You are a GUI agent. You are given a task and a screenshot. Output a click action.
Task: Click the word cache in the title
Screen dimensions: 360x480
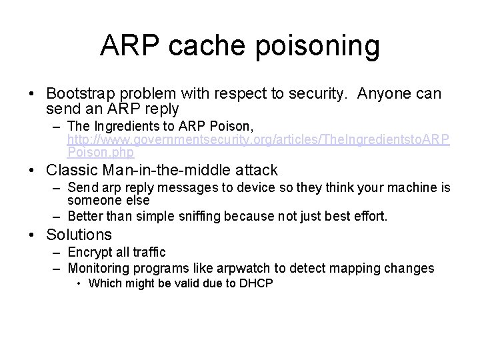pos(194,46)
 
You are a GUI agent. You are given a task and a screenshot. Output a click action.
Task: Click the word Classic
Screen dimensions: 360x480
pos(71,171)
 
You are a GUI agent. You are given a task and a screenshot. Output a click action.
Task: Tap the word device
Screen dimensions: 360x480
pos(248,189)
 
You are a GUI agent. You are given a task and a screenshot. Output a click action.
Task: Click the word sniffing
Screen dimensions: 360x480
pos(202,215)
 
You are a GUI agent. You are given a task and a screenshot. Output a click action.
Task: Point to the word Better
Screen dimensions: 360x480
pos(85,215)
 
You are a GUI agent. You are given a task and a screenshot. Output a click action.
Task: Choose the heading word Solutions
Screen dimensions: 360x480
pos(79,235)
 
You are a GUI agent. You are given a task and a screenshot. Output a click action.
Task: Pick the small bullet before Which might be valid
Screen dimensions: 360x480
pos(79,283)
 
